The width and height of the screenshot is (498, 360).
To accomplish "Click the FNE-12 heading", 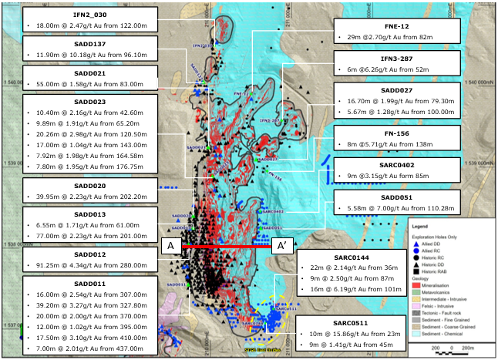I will (398, 25).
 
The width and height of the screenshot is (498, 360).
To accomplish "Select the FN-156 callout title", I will (398, 132).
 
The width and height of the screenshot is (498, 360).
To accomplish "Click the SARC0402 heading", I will (398, 164).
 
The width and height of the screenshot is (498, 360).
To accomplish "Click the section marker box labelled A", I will (170, 246).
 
